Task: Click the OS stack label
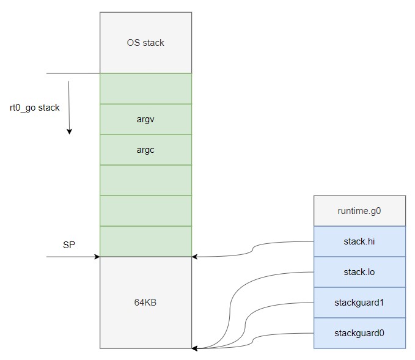pyautogui.click(x=145, y=43)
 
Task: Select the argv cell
pyautogui.click(x=146, y=119)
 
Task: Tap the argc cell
pyautogui.click(x=146, y=150)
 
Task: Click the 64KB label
pyautogui.click(x=145, y=303)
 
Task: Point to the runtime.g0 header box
pyautogui.click(x=359, y=211)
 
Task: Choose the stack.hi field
pyautogui.click(x=359, y=241)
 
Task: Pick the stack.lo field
pyautogui.click(x=359, y=272)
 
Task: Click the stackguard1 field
pyautogui.click(x=359, y=303)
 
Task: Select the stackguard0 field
pyautogui.click(x=359, y=333)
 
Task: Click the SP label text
pyautogui.click(x=69, y=245)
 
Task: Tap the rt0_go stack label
pyautogui.click(x=35, y=108)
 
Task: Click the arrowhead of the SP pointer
pyautogui.click(x=97, y=257)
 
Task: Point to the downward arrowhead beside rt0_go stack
pyautogui.click(x=69, y=131)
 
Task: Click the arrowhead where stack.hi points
pyautogui.click(x=194, y=257)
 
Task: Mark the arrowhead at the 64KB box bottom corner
pyautogui.click(x=194, y=348)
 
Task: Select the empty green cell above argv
pyautogui.click(x=146, y=89)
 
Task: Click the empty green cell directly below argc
pyautogui.click(x=146, y=180)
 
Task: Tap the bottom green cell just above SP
pyautogui.click(x=146, y=241)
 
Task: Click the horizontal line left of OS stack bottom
pyautogui.click(x=73, y=73)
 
